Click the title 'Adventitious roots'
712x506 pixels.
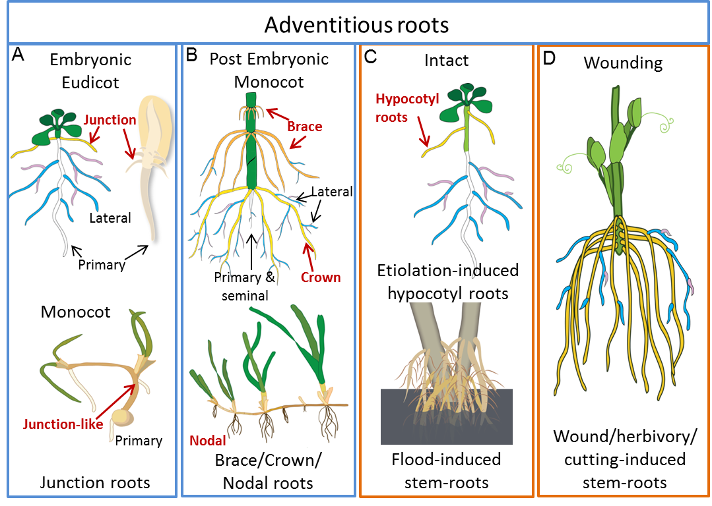click(356, 26)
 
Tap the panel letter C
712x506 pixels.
click(370, 57)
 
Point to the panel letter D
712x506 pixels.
click(549, 59)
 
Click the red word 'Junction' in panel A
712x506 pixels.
click(110, 120)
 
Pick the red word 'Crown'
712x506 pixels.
click(321, 277)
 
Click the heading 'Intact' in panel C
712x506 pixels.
click(447, 61)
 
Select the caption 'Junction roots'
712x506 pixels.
click(95, 482)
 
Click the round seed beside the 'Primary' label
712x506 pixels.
click(121, 417)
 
